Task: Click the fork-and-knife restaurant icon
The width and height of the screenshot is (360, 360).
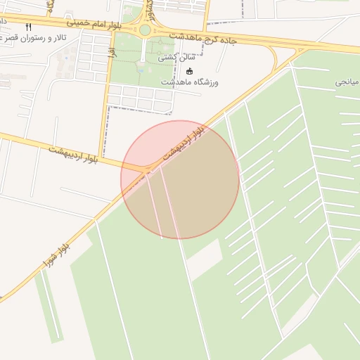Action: (28, 27)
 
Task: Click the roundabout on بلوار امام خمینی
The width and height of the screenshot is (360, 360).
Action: (145, 30)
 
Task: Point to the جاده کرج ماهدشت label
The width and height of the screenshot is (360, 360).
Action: (203, 37)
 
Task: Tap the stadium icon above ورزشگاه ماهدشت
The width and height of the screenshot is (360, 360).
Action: (189, 71)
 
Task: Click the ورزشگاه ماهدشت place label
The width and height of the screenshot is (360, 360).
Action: (190, 82)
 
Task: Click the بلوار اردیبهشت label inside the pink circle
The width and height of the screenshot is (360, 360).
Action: (184, 142)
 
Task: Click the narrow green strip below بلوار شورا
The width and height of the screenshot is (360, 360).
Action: (49, 309)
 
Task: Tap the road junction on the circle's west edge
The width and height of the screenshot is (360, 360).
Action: (144, 169)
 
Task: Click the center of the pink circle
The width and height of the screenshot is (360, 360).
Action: (180, 179)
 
